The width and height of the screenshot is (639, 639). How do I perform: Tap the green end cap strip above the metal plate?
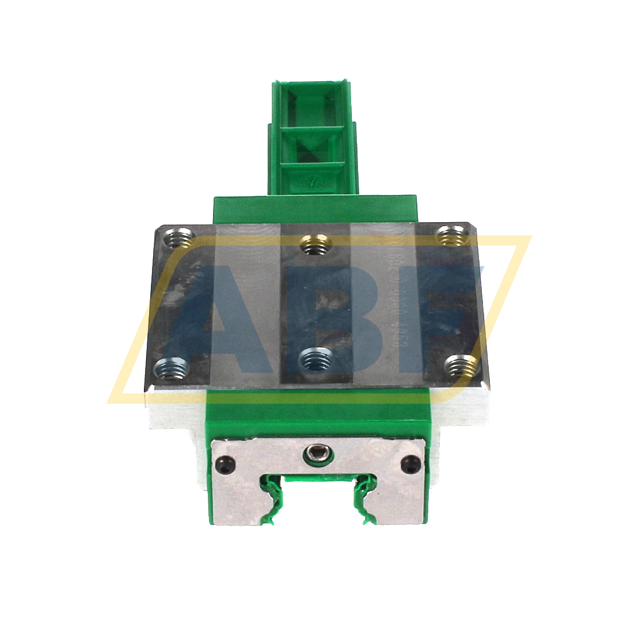314,208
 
